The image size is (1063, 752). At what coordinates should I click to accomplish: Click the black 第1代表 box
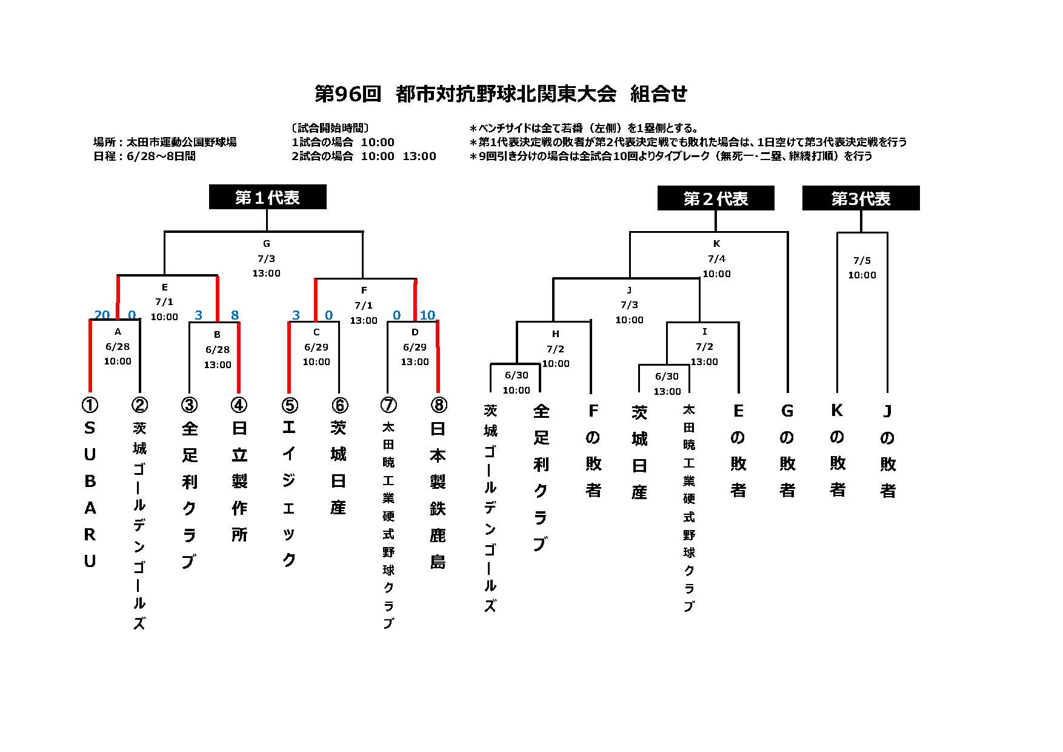click(268, 197)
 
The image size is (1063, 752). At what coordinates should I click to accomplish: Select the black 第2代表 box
click(716, 198)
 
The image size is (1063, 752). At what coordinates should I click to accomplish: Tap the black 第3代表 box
click(861, 198)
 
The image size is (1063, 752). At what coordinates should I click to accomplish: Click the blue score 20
click(102, 315)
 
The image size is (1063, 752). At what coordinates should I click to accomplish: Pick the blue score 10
click(427, 315)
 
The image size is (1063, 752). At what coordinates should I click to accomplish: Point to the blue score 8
click(235, 315)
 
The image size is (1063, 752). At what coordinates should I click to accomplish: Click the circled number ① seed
click(90, 405)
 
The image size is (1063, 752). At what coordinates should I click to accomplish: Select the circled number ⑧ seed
click(438, 405)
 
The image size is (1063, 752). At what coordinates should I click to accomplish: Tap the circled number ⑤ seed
click(289, 405)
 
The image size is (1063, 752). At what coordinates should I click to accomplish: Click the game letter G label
click(267, 244)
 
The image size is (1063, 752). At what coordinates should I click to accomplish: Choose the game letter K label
click(716, 244)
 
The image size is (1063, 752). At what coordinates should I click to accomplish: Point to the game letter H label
click(556, 334)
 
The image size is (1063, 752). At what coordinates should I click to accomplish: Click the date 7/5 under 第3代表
click(862, 261)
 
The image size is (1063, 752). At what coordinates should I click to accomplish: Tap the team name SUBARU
click(90, 494)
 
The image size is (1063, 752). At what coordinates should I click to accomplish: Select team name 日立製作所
click(239, 481)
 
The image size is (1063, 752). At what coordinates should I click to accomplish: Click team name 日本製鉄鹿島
click(438, 494)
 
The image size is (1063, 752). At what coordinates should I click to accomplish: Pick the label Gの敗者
click(787, 451)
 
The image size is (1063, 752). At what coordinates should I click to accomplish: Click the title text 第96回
click(348, 94)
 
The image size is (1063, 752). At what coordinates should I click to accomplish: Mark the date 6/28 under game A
click(118, 347)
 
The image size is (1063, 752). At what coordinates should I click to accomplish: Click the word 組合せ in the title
click(659, 94)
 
